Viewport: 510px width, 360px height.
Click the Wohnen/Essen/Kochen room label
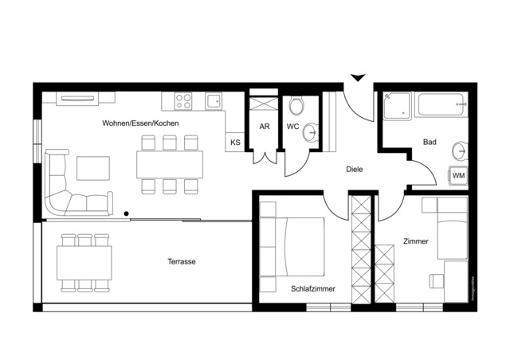(x=140, y=123)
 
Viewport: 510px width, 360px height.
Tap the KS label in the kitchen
(x=235, y=143)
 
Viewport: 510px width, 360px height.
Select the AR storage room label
(x=265, y=127)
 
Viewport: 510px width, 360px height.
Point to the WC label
(x=292, y=127)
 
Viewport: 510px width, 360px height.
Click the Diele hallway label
(x=355, y=169)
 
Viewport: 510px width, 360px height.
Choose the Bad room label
(x=430, y=143)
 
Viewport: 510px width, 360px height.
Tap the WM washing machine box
(x=459, y=175)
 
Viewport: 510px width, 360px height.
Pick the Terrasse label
(x=182, y=261)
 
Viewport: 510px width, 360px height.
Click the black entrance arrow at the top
(x=358, y=77)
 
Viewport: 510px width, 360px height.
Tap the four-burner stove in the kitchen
(x=182, y=101)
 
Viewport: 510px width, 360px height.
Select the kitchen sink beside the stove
(x=213, y=101)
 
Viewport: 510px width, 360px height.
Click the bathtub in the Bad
(x=442, y=104)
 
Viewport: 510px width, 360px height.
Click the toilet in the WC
(x=296, y=105)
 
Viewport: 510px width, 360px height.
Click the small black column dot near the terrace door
(x=126, y=213)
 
